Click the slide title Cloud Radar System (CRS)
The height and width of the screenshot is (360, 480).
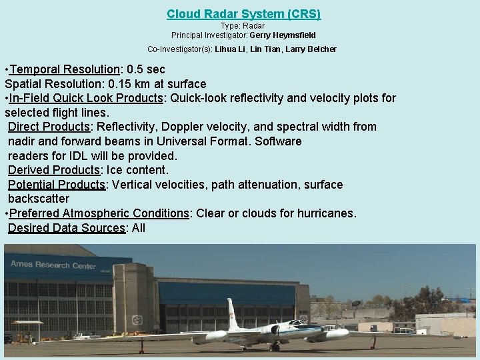[x=243, y=13]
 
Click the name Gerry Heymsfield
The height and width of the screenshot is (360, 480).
[x=282, y=35]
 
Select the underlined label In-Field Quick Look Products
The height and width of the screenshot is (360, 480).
[x=86, y=98]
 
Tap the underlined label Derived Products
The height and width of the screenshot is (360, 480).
[x=53, y=170]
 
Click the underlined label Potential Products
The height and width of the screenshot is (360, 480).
[x=57, y=184]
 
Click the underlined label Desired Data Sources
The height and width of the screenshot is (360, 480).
[x=66, y=228]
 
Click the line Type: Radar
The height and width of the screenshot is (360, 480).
[x=243, y=25]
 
